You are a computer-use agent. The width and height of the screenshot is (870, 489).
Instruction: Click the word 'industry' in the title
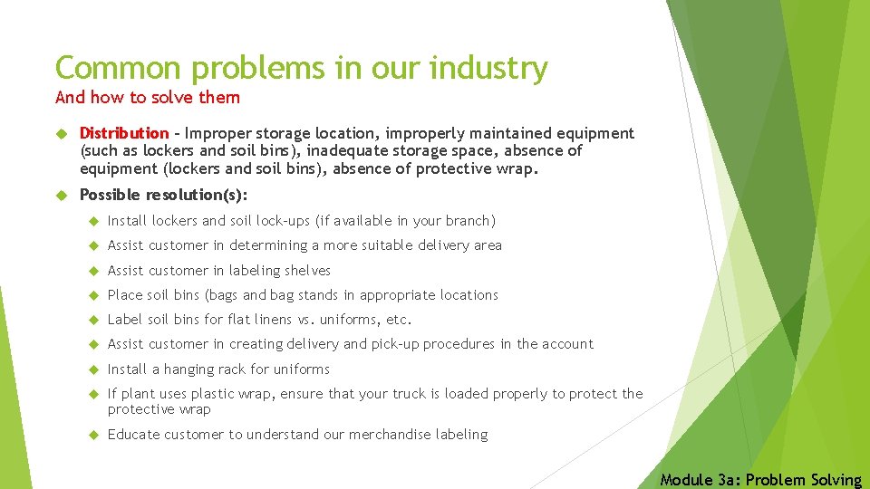tap(488, 68)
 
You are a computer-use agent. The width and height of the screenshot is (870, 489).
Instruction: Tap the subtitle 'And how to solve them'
tap(148, 97)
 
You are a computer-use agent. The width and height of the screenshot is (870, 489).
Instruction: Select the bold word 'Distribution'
tap(124, 134)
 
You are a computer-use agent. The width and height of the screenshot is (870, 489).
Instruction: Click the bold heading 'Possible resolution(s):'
tap(163, 195)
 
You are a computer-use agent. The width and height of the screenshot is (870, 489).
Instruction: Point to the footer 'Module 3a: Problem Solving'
tap(761, 480)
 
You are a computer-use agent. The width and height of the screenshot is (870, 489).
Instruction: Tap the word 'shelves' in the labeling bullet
tap(307, 271)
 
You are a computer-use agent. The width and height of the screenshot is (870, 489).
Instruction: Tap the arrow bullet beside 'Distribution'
tap(62, 134)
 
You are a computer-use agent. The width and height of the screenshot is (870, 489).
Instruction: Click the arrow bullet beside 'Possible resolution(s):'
tap(62, 195)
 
